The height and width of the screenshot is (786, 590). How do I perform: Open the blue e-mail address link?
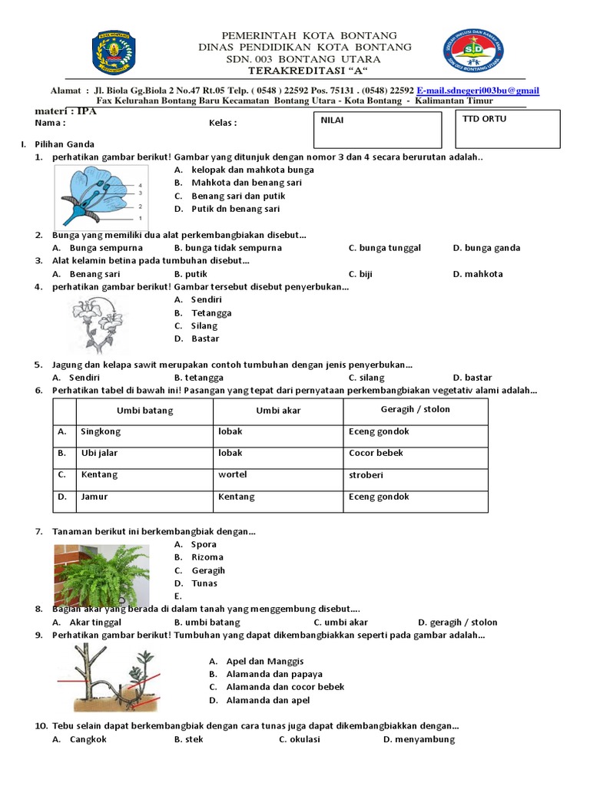tap(478, 91)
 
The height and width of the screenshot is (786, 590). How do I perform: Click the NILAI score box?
tap(378, 130)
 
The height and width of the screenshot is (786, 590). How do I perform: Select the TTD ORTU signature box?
tap(507, 130)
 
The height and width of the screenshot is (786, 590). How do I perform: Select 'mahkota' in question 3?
tap(484, 274)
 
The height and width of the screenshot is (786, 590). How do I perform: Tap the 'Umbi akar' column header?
tap(278, 411)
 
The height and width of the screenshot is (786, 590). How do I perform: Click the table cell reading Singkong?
tap(101, 431)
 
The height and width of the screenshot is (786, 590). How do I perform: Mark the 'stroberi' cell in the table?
tap(366, 475)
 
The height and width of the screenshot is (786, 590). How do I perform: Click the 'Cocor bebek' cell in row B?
tap(376, 453)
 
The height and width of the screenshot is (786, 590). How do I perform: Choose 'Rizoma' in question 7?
tap(207, 557)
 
